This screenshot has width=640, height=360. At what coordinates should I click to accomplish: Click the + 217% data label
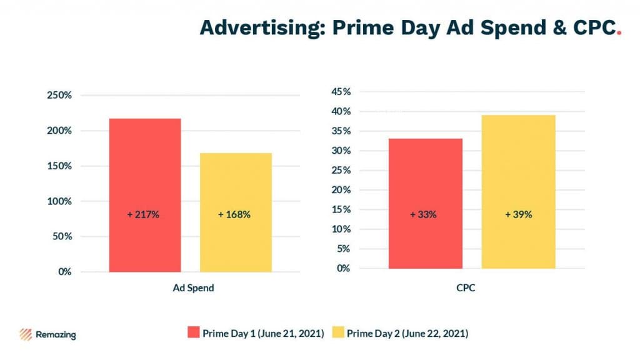point(144,214)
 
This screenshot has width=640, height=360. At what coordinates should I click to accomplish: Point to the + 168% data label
point(234,214)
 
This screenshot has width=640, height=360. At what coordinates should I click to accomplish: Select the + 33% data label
point(423,214)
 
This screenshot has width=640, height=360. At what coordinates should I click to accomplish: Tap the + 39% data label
point(518,214)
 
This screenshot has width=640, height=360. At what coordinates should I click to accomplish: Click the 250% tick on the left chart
point(60,96)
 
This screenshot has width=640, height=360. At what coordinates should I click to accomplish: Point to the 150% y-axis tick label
point(60,166)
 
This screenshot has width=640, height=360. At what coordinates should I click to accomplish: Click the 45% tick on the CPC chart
point(341,92)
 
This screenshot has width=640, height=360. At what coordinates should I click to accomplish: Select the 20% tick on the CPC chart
point(341,190)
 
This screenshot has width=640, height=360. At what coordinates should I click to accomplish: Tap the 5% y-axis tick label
point(343,249)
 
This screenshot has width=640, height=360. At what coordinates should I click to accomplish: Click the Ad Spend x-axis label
point(190,288)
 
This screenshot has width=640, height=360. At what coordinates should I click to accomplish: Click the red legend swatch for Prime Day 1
point(192,333)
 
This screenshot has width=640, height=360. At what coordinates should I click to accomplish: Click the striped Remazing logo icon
point(26,334)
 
